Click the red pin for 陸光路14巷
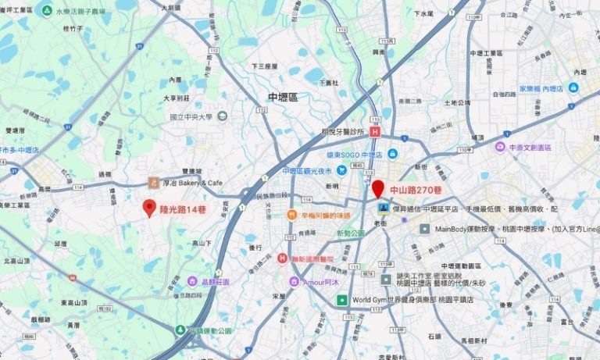pyautogui.click(x=149, y=208)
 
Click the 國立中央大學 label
pyautogui.click(x=191, y=116)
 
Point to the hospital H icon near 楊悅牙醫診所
pyautogui.click(x=375, y=133)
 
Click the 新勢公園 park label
pyautogui.click(x=350, y=233)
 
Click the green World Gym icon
pyautogui.click(x=341, y=299)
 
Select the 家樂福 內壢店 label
pyautogui.click(x=541, y=89)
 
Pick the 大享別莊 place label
pyautogui.click(x=177, y=98)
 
